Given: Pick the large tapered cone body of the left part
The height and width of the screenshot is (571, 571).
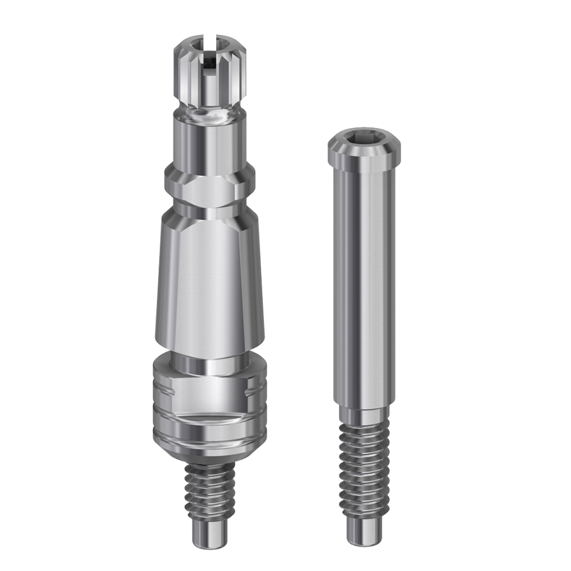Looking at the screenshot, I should point(208,280).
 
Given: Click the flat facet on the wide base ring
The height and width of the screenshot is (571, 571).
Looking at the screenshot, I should point(209,391).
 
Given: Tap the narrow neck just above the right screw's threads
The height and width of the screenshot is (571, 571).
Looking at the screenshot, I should point(364,415).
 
